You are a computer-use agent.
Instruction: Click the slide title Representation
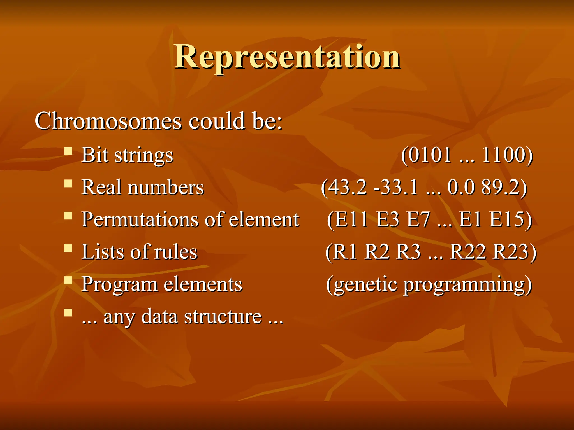[x=287, y=57]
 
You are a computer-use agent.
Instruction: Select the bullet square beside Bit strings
[x=68, y=151]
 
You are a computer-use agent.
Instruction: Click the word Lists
[x=102, y=252]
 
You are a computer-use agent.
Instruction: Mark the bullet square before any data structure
[x=68, y=312]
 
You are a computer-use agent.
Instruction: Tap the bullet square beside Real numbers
[x=68, y=184]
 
